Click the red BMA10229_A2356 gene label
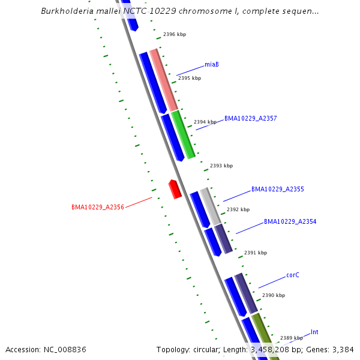(x=97, y=207)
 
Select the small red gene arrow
(x=175, y=189)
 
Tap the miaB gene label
(x=211, y=64)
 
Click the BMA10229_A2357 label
(x=250, y=118)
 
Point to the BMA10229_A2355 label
(x=277, y=189)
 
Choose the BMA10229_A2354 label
(x=290, y=221)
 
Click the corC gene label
(x=292, y=275)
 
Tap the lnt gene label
(x=314, y=332)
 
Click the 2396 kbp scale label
(x=175, y=34)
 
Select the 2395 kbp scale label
(x=189, y=78)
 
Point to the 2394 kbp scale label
(x=205, y=122)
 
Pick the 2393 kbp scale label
(x=221, y=166)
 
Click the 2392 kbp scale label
(x=238, y=209)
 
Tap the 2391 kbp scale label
(x=256, y=253)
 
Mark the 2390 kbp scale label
(x=274, y=295)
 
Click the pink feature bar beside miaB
(x=164, y=80)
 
